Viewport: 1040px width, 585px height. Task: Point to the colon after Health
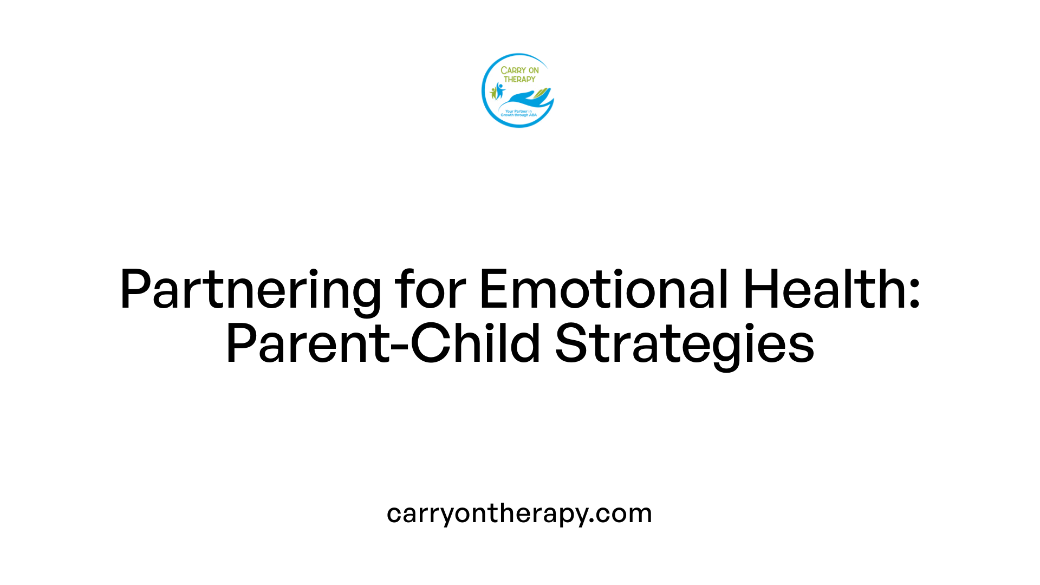pyautogui.click(x=914, y=295)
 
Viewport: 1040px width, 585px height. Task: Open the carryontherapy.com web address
pyautogui.click(x=519, y=513)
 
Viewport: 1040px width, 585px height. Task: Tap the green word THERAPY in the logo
pyautogui.click(x=519, y=79)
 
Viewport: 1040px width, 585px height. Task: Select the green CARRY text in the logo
pyautogui.click(x=512, y=70)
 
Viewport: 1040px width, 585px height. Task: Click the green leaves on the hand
pyautogui.click(x=541, y=95)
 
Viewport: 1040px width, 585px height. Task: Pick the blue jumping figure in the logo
pyautogui.click(x=499, y=90)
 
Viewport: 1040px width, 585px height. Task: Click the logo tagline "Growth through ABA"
pyautogui.click(x=518, y=115)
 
